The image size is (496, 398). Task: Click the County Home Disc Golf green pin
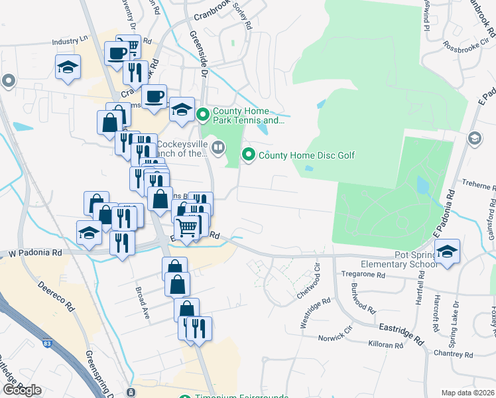(249, 155)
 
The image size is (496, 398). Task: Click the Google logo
(22, 390)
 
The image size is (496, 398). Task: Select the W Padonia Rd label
(34, 253)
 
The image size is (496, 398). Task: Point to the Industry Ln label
(70, 41)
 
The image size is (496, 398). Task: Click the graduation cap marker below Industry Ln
(68, 68)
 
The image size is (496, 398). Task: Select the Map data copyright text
(468, 393)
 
